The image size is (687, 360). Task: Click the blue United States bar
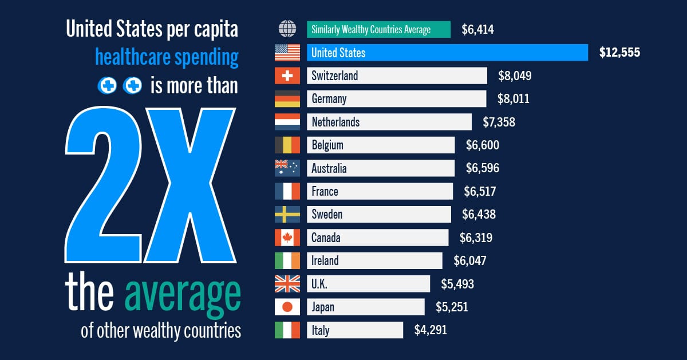447,53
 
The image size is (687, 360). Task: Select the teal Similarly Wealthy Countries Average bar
378,29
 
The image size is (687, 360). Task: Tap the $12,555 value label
619,53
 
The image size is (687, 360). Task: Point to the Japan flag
287,307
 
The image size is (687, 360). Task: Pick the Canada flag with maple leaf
287,238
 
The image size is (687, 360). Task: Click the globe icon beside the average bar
287,29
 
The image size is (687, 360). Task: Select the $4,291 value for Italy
430,330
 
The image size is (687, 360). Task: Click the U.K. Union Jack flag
287,284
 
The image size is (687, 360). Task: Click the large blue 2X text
152,189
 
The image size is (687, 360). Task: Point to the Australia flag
287,168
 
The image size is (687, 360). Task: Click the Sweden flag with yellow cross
287,215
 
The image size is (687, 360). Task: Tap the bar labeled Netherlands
389,122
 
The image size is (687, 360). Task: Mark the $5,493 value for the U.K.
457,284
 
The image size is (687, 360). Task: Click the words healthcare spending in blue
166,57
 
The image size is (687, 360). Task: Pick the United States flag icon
287,53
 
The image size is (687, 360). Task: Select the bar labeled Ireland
374,261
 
